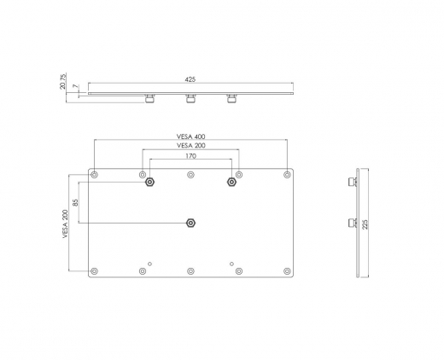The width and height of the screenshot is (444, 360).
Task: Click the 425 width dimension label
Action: pos(190,79)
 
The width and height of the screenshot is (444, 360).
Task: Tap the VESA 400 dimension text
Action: pos(190,136)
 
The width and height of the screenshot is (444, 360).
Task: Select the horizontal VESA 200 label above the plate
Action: pos(191,146)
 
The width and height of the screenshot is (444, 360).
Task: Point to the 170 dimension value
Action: pos(190,156)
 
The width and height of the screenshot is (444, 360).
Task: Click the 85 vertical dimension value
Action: pos(75,202)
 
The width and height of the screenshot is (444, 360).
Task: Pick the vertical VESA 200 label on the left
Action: pos(66,224)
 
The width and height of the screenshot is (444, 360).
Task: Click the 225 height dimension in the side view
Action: pos(365,224)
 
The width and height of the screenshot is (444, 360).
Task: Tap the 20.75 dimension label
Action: pos(63,81)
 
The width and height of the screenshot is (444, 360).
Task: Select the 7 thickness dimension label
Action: pos(75,86)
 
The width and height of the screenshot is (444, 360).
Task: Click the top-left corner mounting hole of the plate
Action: pos(94,175)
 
